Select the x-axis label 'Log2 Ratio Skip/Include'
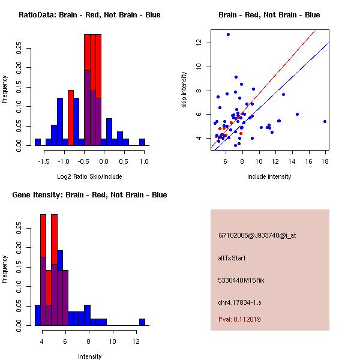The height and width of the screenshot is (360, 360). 89,176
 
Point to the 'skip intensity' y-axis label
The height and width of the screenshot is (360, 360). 185,90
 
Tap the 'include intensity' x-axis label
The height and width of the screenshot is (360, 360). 269,176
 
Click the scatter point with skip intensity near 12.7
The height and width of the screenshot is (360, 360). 228,34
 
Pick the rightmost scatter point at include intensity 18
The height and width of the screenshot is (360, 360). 325,121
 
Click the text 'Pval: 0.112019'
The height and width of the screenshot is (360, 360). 239,319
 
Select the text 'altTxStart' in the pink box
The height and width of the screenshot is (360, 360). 232,258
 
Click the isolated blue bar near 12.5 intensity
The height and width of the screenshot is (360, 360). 142,322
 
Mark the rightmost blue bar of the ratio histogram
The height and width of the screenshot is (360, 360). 142,142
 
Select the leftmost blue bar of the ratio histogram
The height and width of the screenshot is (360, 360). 38,142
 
